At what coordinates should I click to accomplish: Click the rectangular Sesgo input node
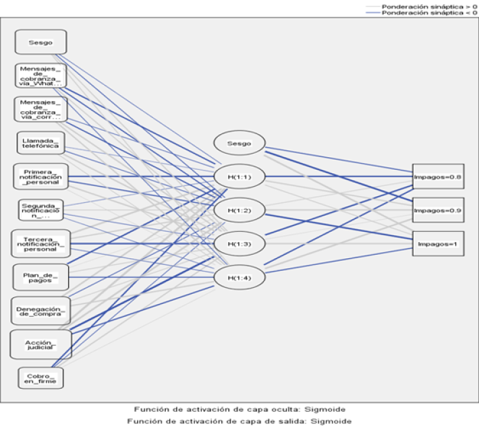[40, 42]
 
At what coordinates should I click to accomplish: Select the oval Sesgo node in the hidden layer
[239, 143]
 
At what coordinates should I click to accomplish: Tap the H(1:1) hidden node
[239, 177]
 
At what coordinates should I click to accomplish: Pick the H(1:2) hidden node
[239, 210]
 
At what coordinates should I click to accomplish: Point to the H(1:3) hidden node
[239, 243]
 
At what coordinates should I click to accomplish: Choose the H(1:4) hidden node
[239, 276]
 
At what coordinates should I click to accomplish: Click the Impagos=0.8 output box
[438, 177]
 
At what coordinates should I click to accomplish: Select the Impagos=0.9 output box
[438, 210]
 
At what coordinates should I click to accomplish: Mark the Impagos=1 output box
[438, 243]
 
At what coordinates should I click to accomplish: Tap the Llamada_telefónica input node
[40, 142]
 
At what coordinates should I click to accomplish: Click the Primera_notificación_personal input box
[40, 176]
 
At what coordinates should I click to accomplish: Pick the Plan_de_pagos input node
[40, 276]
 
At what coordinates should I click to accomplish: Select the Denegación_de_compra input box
[40, 310]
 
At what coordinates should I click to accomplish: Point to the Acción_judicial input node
[40, 344]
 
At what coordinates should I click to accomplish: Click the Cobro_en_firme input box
[40, 378]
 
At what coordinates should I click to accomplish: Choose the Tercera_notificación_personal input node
[40, 243]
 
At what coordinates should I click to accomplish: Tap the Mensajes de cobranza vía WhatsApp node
[40, 75]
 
